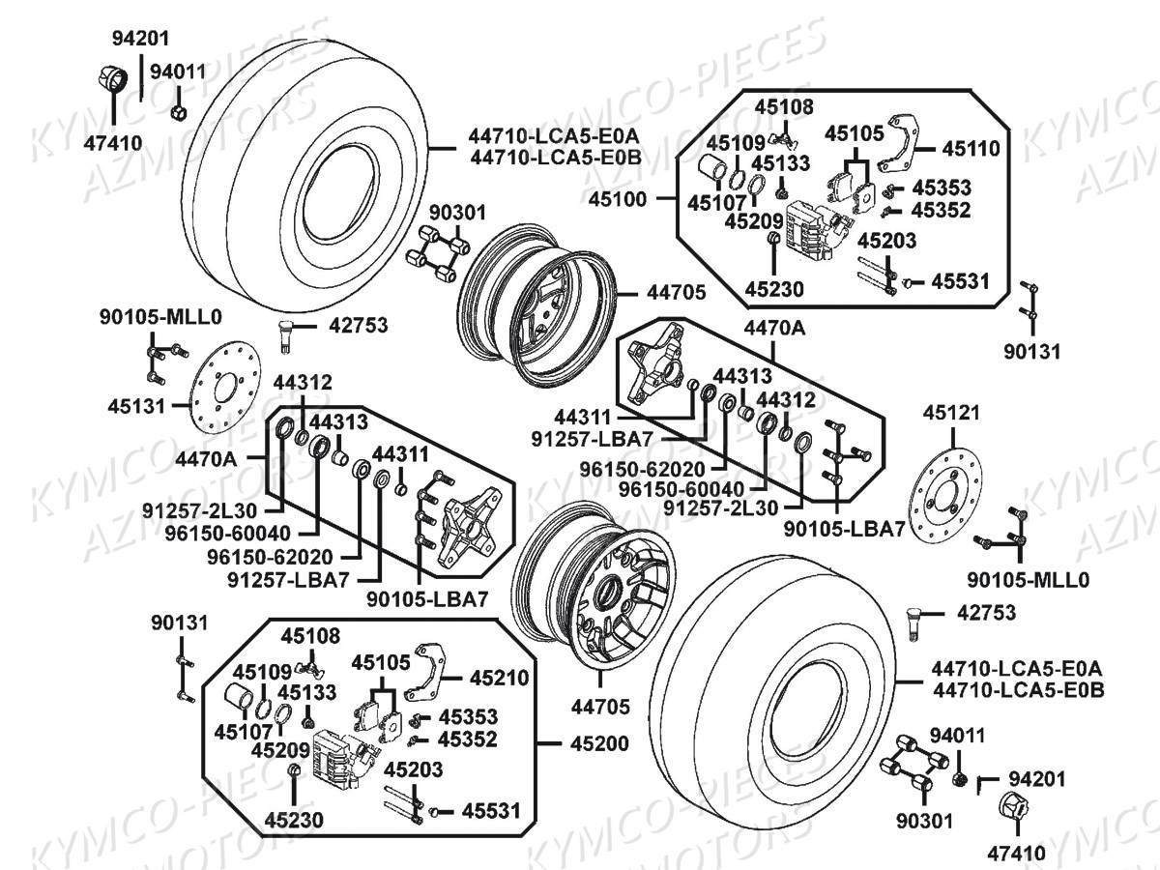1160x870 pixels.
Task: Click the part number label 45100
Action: click(x=618, y=200)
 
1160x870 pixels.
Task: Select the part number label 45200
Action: click(x=599, y=743)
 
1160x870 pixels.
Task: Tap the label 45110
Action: click(x=971, y=149)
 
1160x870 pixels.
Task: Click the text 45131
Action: click(x=136, y=407)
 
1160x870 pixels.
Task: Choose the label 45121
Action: click(x=951, y=413)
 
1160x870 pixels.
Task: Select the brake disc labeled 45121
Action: click(x=944, y=496)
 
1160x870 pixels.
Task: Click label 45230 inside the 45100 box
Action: click(x=774, y=289)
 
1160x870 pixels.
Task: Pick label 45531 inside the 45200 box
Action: click(x=491, y=811)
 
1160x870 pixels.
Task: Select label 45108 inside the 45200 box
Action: click(x=310, y=636)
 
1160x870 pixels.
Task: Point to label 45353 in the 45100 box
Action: click(x=942, y=188)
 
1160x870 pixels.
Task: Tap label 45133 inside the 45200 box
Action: click(x=307, y=692)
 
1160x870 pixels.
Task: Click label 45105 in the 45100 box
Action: click(x=854, y=133)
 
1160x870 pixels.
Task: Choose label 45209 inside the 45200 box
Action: click(x=280, y=750)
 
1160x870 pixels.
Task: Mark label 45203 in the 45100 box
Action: click(x=886, y=241)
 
